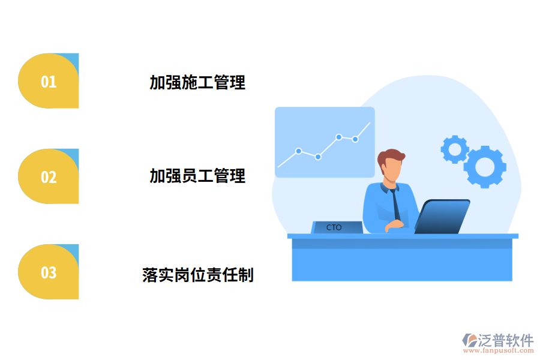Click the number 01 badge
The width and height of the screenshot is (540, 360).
point(49,81)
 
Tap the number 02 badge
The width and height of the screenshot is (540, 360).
point(49,176)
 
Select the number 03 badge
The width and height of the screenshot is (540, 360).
point(49,272)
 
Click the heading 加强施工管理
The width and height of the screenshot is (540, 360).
point(197,82)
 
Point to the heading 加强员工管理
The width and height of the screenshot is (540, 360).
point(197,176)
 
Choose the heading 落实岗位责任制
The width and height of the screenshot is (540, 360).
point(198,275)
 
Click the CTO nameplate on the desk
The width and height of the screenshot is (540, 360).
point(336,227)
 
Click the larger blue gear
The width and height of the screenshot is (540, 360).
point(485,166)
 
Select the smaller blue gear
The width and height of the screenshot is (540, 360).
point(454,149)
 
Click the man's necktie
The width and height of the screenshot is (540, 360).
point(396,204)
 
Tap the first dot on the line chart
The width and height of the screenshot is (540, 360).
point(298,151)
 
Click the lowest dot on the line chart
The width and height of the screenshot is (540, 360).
point(318,157)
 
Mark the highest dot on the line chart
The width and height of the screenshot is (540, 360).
point(339,137)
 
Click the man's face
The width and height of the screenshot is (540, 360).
point(391,170)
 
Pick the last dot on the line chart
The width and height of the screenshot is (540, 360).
point(355,139)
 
